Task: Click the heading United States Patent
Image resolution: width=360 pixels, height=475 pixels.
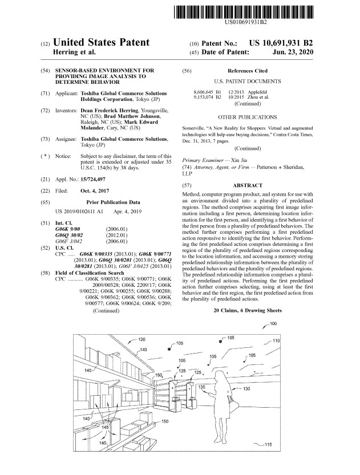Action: click(x=102, y=42)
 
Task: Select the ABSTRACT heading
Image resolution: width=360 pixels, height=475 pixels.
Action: click(x=247, y=185)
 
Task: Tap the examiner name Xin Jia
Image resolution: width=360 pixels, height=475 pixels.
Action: click(x=239, y=160)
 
